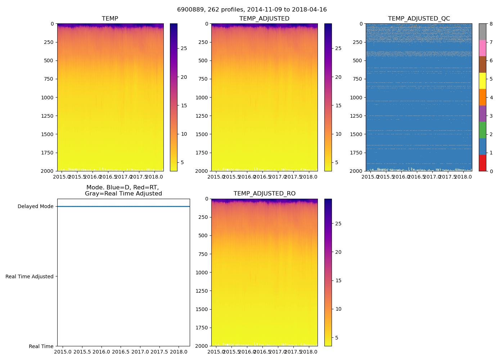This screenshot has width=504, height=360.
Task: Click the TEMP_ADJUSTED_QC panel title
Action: [x=419, y=19]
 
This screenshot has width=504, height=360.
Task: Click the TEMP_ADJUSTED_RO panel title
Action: [x=264, y=194]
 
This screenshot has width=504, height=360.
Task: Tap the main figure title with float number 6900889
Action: [x=252, y=10]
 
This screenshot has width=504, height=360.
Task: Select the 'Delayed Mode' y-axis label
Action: [x=35, y=207]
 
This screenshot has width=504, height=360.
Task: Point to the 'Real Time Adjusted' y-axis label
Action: [x=29, y=276]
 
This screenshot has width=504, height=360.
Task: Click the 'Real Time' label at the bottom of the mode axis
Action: [x=41, y=346]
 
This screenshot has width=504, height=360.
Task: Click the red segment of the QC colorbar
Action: [x=482, y=163]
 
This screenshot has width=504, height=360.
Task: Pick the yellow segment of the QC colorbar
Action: [x=482, y=81]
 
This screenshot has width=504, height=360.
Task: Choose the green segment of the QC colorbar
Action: [x=482, y=130]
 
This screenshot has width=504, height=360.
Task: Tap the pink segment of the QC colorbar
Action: [x=482, y=48]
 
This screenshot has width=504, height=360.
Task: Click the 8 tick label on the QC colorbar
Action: [x=491, y=24]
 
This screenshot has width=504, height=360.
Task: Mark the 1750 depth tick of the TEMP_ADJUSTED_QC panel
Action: [x=356, y=153]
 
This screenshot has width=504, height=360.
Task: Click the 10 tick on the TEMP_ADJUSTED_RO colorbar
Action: [x=338, y=309]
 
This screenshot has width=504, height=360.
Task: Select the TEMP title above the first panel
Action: [x=110, y=19]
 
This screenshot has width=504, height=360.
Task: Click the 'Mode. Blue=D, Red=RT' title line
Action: [x=122, y=188]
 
